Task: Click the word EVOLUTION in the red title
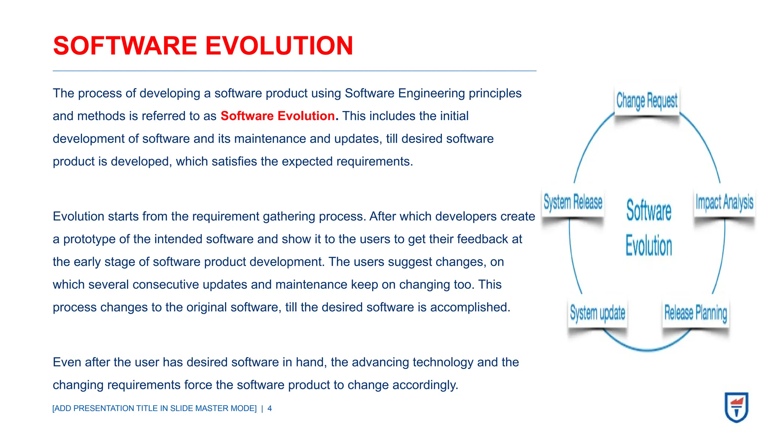(x=279, y=46)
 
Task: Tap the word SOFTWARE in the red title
(x=125, y=46)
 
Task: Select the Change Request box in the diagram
(x=647, y=100)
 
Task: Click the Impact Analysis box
(x=724, y=202)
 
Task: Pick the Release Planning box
(x=695, y=313)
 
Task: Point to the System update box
(x=597, y=313)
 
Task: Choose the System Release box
(x=573, y=202)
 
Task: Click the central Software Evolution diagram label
(x=649, y=228)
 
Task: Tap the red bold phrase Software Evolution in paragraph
(x=278, y=116)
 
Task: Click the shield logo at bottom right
(x=736, y=407)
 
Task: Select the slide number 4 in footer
(x=270, y=408)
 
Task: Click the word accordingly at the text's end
(x=425, y=385)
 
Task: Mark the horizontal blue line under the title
(x=294, y=71)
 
